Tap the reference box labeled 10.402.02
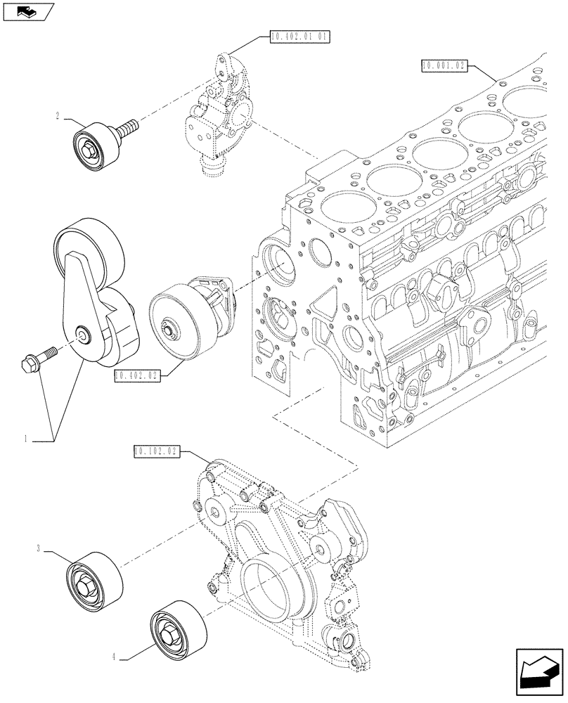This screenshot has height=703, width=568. tap(137, 377)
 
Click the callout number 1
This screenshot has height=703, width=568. tap(25, 439)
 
